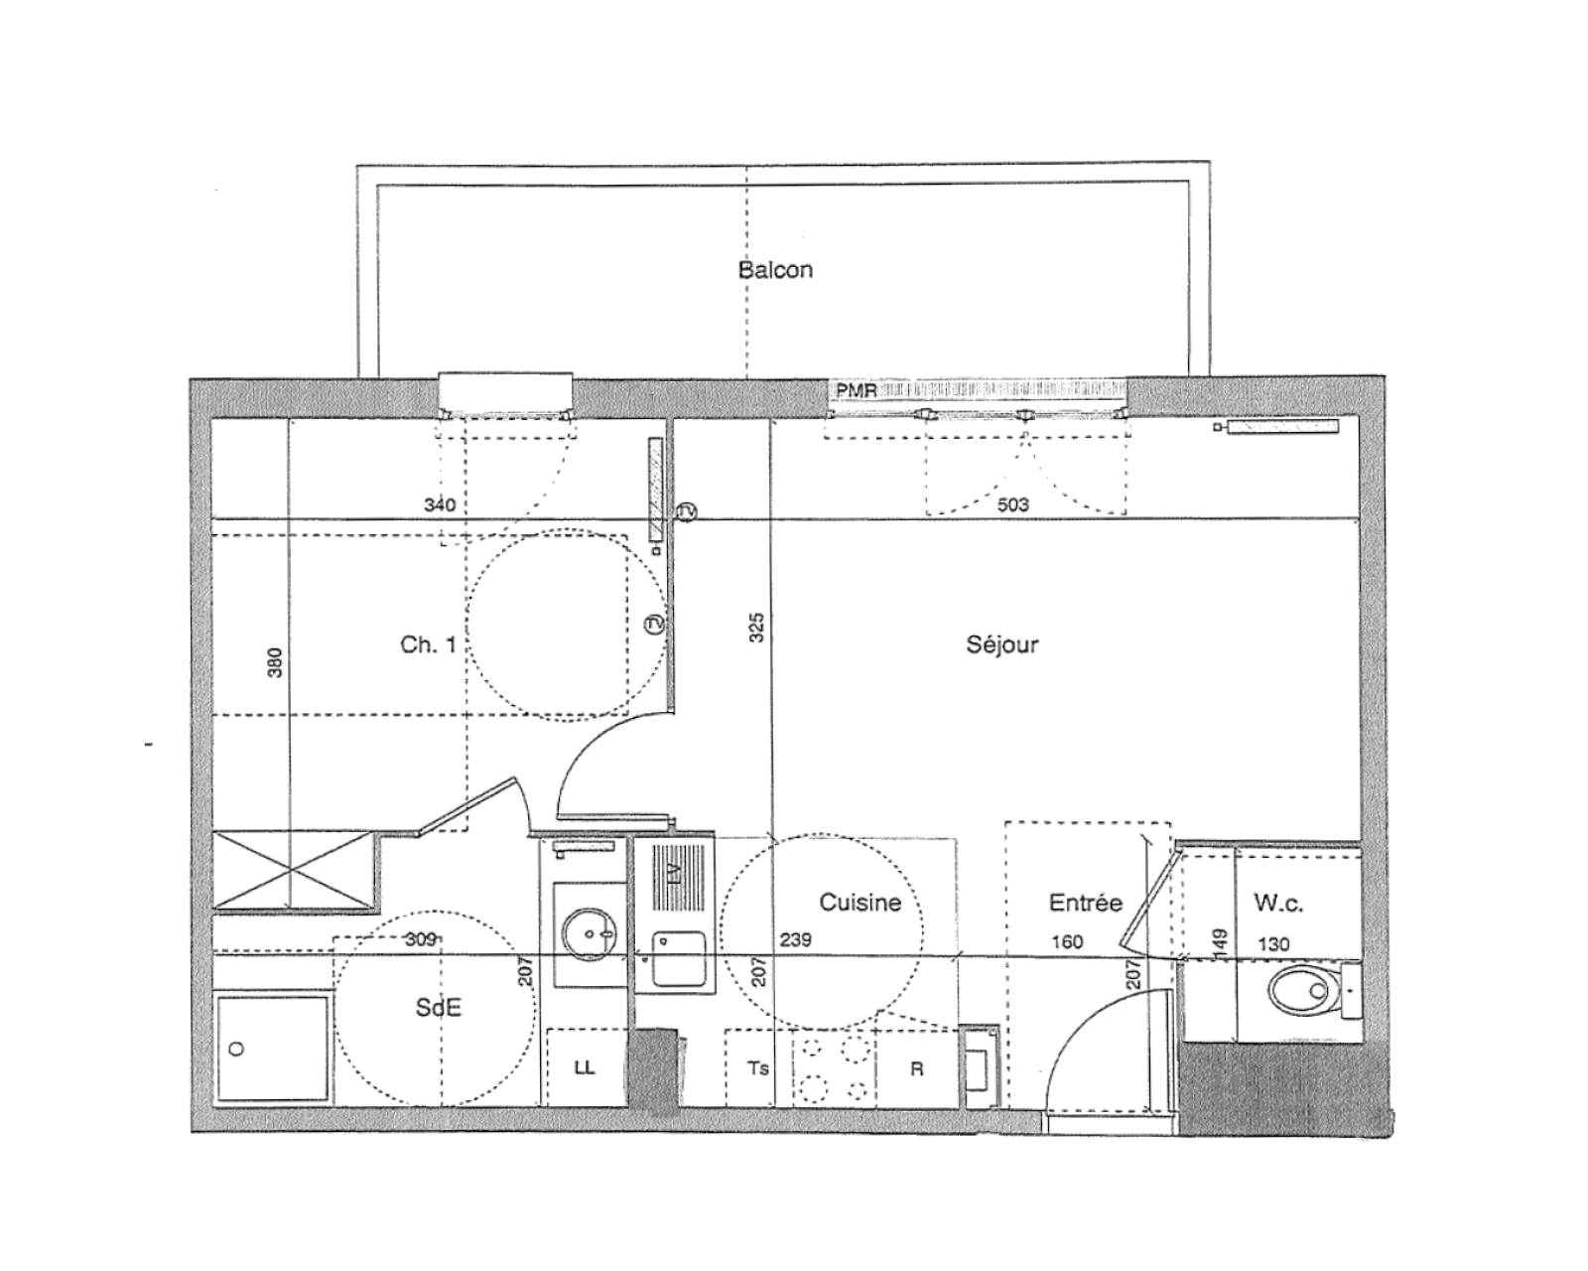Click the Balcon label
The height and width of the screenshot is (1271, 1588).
(x=775, y=269)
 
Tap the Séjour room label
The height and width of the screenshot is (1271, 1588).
(x=1002, y=644)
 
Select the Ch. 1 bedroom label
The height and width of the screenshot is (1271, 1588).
(x=428, y=644)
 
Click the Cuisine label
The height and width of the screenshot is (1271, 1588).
(x=860, y=903)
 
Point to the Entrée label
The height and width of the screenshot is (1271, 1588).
(x=1086, y=903)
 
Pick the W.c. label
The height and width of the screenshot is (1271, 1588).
(x=1278, y=903)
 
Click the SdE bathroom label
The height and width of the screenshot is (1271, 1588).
(x=439, y=1007)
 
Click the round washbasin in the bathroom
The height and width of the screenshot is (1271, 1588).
(x=589, y=934)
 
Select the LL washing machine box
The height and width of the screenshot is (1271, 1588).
(x=587, y=1066)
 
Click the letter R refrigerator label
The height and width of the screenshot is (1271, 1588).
(x=916, y=1068)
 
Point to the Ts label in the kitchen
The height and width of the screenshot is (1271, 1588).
(x=758, y=1067)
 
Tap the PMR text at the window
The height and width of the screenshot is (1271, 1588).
(x=856, y=390)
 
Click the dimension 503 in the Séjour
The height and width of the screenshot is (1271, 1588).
(x=1012, y=504)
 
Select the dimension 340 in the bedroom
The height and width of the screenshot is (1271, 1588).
(x=440, y=504)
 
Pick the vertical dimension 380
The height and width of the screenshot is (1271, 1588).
(x=275, y=662)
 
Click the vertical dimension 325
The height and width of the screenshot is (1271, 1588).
(x=756, y=628)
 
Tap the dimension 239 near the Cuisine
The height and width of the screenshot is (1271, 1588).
(x=795, y=939)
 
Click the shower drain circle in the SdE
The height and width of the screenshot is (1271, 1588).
(x=236, y=1049)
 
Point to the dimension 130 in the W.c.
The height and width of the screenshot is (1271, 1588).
(x=1273, y=944)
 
